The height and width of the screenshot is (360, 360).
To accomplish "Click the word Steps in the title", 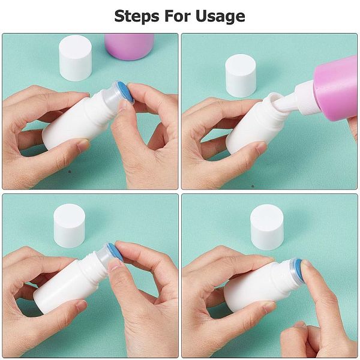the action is point(137,16).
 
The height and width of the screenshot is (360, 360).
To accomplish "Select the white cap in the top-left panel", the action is point(76,58).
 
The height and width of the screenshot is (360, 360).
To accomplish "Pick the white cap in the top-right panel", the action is point(241,76).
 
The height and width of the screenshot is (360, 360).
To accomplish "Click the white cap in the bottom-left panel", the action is point(70,226).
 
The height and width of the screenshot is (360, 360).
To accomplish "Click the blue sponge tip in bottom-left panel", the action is point(115,252).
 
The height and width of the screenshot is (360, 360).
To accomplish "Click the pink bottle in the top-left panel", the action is point(129,47).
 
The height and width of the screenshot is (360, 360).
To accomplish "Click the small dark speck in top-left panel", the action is point(70,172).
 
